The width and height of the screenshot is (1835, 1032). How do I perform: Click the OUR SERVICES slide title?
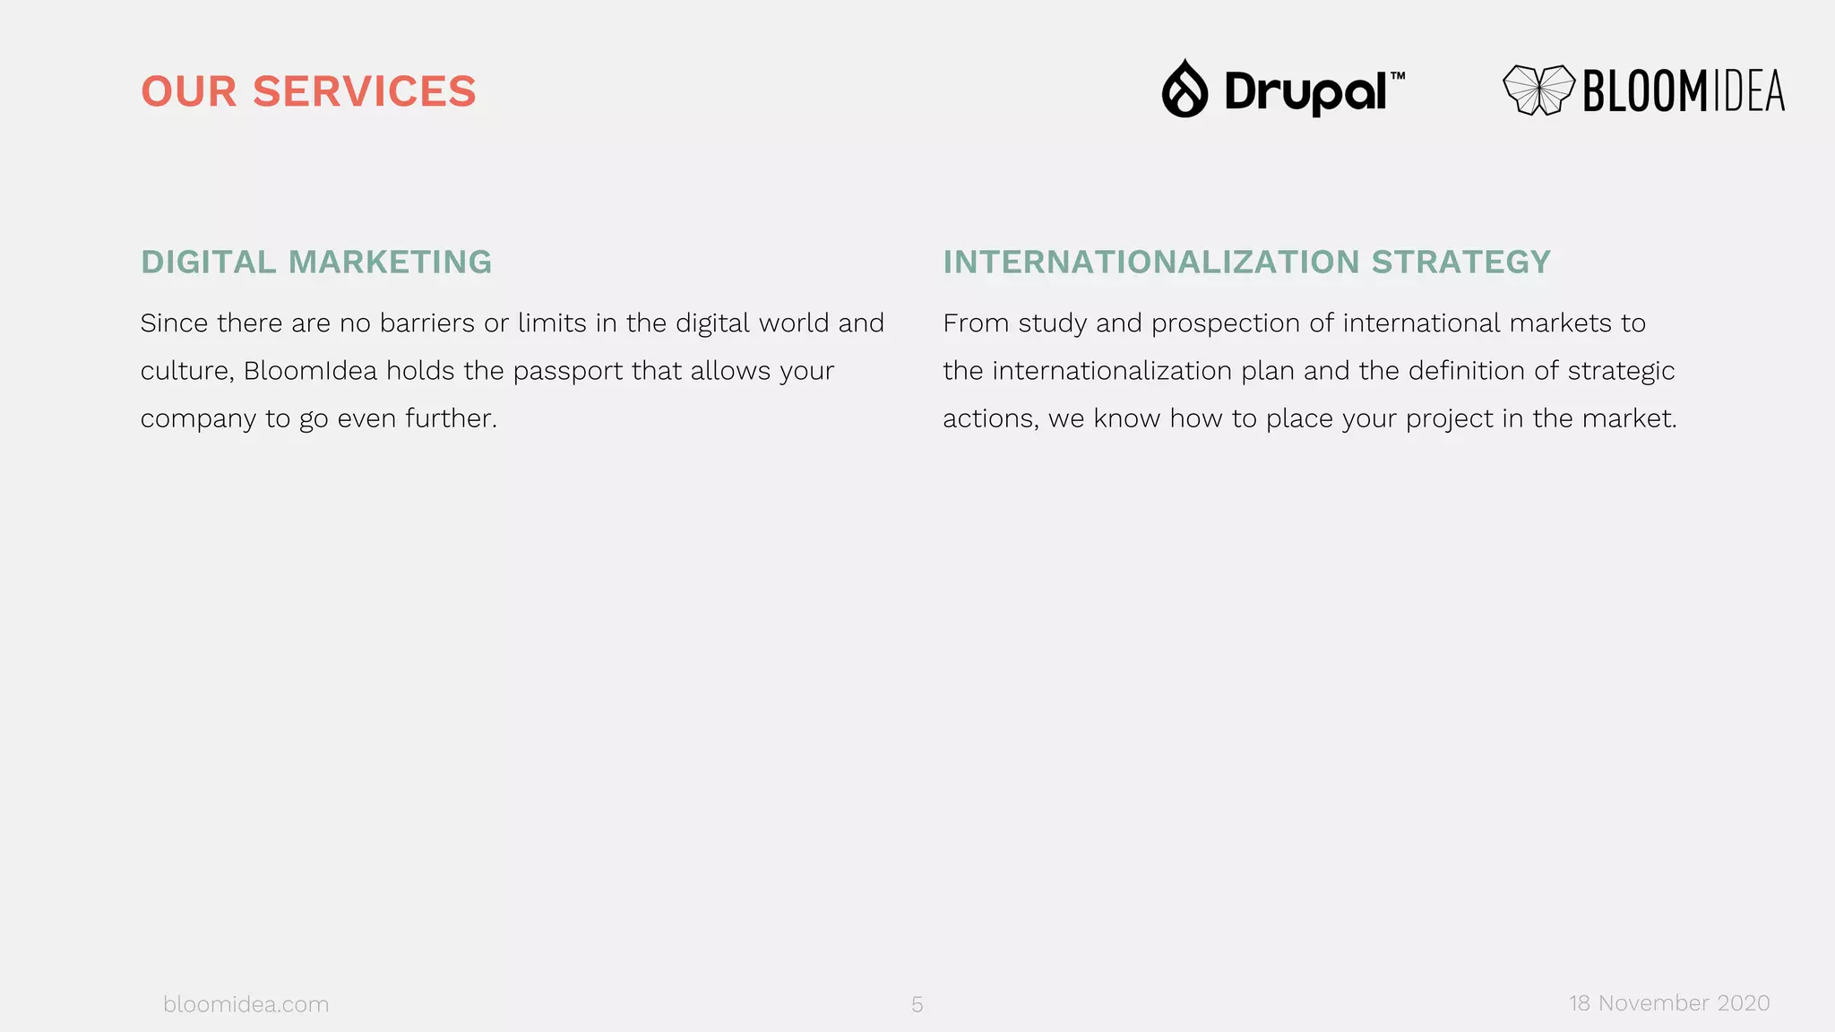tap(308, 91)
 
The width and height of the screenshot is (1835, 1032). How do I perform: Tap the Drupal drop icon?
tap(1185, 89)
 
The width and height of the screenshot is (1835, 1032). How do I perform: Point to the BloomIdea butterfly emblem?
tap(1538, 90)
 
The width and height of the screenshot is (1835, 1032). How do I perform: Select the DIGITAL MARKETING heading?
tap(316, 262)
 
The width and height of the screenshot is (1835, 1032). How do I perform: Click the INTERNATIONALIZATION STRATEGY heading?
tap(1246, 262)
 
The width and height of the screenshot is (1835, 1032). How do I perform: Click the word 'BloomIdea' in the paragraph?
tap(310, 371)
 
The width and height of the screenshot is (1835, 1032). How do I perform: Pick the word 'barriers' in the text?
tap(427, 322)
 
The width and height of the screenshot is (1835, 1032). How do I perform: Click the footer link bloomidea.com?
tap(246, 1004)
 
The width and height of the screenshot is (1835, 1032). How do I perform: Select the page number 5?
tap(917, 1004)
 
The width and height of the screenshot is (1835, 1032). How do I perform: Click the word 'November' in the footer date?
tap(1653, 1003)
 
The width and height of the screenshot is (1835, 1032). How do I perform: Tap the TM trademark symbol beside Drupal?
tap(1398, 76)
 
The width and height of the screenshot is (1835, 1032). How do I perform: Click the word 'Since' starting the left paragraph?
tap(174, 322)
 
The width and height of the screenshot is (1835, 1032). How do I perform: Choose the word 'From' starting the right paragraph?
tap(976, 322)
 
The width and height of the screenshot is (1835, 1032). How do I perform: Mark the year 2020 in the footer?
tap(1743, 1003)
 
